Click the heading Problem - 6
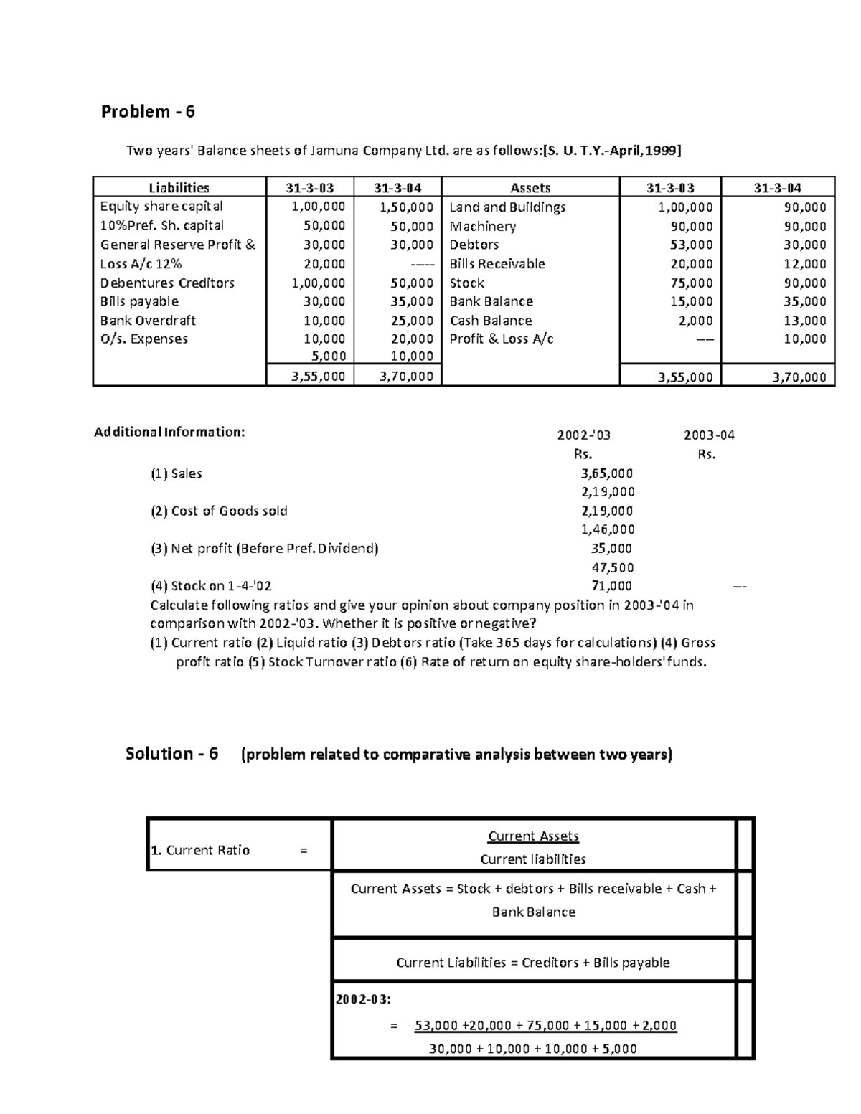pyautogui.click(x=148, y=111)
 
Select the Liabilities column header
pyautogui.click(x=179, y=188)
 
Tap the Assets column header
pyautogui.click(x=530, y=188)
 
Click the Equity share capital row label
pyautogui.click(x=161, y=207)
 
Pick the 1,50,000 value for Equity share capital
pyautogui.click(x=406, y=207)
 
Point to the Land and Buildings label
pyautogui.click(x=507, y=207)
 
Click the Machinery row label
pyautogui.click(x=482, y=226)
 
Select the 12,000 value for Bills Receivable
pyautogui.click(x=804, y=264)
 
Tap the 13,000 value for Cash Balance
pyautogui.click(x=804, y=321)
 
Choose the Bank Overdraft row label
pyautogui.click(x=148, y=321)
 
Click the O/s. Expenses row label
pyautogui.click(x=143, y=339)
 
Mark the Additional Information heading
pyautogui.click(x=169, y=432)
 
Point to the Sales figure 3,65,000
pyautogui.click(x=606, y=473)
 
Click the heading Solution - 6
pyautogui.click(x=171, y=754)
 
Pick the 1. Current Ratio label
pyautogui.click(x=200, y=851)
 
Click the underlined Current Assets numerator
pyautogui.click(x=533, y=836)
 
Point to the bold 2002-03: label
pyautogui.click(x=364, y=999)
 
